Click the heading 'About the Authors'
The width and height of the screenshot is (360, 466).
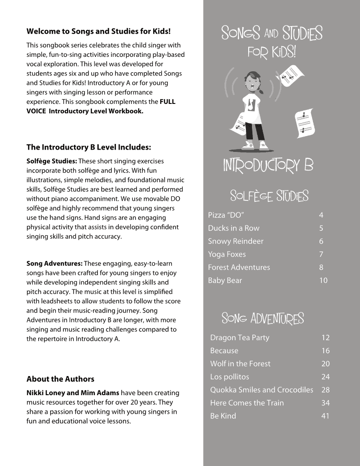coord(60,379)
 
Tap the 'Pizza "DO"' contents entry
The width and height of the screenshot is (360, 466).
coord(226,215)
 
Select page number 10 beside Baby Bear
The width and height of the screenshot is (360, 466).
coord(323,280)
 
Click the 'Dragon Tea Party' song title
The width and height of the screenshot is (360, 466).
coord(239,337)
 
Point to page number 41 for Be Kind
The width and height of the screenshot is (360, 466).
coord(325,416)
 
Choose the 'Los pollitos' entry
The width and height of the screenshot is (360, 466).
coord(230,377)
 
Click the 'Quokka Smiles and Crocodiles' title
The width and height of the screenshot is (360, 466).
coord(262,390)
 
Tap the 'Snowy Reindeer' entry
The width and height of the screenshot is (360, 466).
coord(236,241)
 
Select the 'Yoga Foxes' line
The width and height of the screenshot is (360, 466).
coord(227,254)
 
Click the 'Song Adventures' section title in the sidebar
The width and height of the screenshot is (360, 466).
coord(263,319)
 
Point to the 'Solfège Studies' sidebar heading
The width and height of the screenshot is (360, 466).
coord(269,196)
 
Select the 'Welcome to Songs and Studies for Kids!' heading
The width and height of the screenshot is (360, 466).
coord(98,32)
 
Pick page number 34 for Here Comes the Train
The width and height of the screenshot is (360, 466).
coord(325,403)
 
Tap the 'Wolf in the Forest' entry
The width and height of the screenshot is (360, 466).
coord(240,363)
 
